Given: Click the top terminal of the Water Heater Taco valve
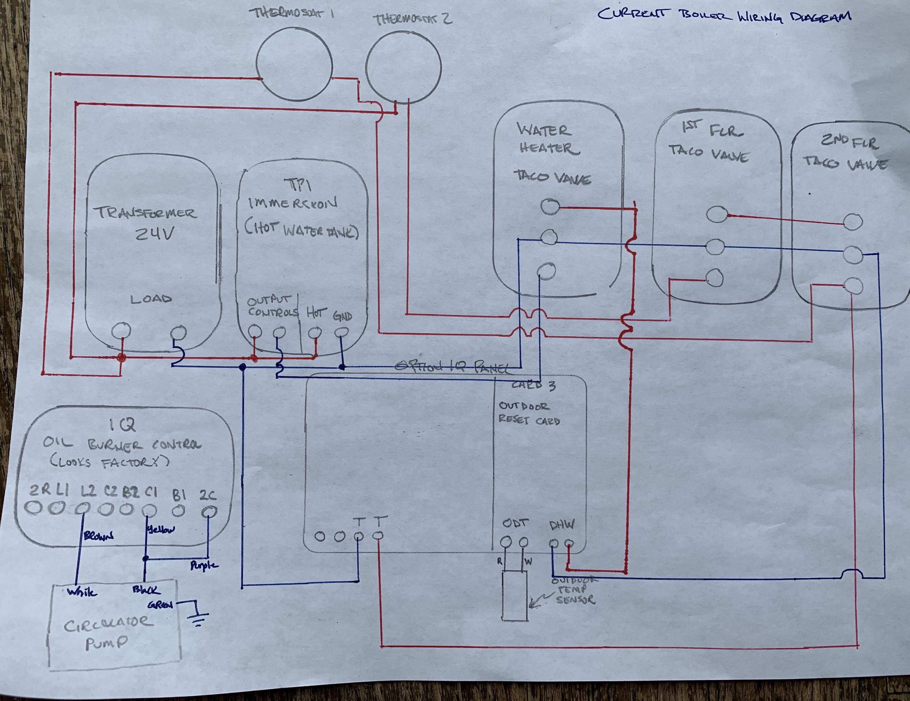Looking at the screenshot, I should tap(550, 207).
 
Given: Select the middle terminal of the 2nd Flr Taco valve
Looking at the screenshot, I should tap(852, 254).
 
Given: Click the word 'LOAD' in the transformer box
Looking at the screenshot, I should tap(151, 299).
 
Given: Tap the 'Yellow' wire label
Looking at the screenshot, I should tap(160, 530).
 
